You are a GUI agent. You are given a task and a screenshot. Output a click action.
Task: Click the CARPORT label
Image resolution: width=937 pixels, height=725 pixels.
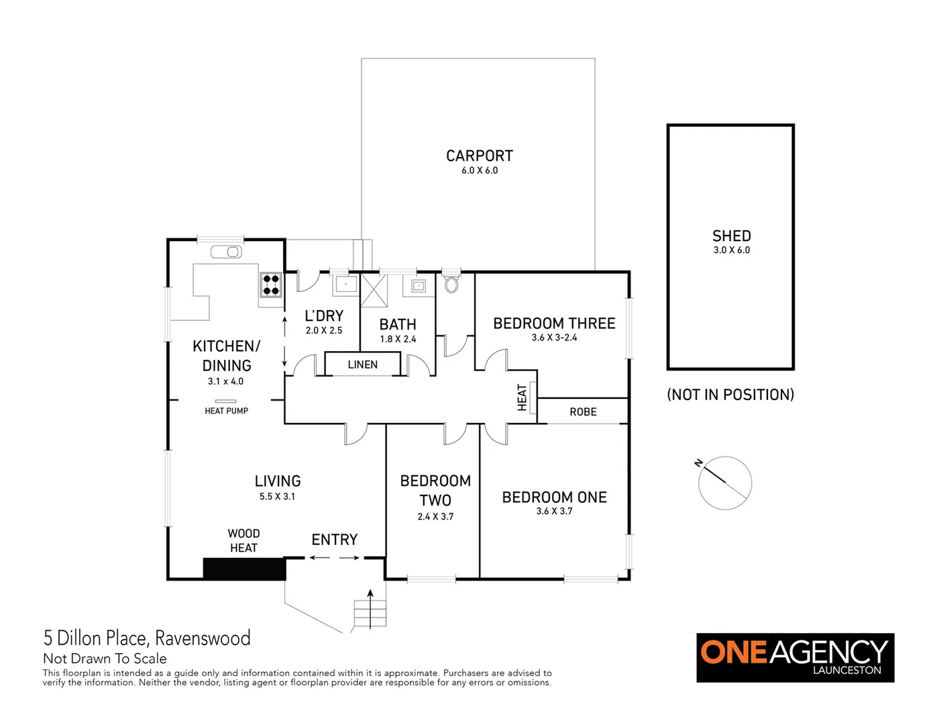pos(479,156)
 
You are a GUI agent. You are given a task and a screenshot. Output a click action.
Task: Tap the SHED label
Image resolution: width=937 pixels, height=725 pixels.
pos(731,236)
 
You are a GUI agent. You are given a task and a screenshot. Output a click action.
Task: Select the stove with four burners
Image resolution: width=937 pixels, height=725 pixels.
pos(271,285)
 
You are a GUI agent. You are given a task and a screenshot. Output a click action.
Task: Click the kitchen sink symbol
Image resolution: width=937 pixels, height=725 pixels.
pos(227,252)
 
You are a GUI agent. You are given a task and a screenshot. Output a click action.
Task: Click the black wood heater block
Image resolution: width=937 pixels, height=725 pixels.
pos(244,569)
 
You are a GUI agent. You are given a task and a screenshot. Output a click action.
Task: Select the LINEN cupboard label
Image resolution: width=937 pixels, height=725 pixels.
pos(362,365)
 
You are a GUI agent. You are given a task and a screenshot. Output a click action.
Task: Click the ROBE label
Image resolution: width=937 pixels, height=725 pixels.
pos(583,412)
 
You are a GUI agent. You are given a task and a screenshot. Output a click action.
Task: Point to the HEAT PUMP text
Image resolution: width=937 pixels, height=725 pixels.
pos(226,411)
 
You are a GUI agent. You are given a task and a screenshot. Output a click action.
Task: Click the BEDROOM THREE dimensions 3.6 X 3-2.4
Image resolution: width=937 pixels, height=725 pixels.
pos(554,338)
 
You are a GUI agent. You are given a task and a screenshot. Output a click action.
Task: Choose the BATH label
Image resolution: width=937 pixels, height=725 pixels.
pos(398,324)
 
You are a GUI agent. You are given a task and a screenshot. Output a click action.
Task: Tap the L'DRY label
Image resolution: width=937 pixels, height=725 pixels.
pos(324,316)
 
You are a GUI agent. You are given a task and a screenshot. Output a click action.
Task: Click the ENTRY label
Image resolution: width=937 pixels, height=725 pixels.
pos(334,540)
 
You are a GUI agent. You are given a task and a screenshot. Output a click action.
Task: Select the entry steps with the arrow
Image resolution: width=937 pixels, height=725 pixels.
pos(370,612)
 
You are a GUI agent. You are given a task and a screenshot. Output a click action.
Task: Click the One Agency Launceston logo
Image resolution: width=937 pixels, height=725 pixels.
pos(795,657)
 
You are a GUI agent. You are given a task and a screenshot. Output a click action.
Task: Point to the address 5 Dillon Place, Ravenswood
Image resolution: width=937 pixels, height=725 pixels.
pos(147,638)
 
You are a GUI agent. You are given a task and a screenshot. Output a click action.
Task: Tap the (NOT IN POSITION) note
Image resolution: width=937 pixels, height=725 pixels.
pos(730,395)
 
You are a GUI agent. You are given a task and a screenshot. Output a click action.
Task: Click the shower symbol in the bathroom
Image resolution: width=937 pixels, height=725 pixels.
pos(375,290)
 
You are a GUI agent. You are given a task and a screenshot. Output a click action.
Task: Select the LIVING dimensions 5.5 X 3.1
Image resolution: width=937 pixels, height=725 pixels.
pos(277,497)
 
